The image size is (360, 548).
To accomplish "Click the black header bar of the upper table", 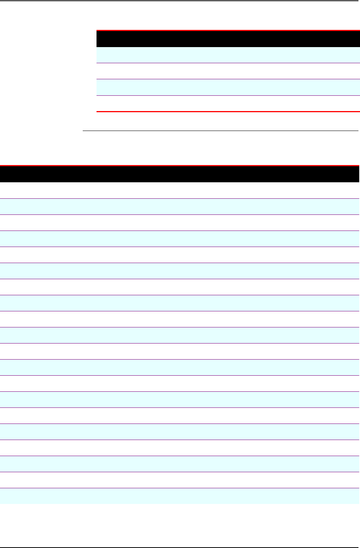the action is point(228,39).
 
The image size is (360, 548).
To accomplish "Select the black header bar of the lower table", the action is point(180,174).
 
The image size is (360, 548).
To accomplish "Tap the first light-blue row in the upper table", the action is point(228,55).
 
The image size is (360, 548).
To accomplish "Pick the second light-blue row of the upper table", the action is point(228,87).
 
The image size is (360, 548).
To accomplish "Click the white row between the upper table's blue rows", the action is point(228,71).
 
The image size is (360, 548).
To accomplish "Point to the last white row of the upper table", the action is point(228,103).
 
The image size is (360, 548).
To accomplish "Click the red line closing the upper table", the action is point(228,111).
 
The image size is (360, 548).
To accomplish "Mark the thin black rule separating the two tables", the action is point(220,131).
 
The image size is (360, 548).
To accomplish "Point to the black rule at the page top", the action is point(180,1).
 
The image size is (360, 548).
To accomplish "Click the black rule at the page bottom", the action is point(180,547).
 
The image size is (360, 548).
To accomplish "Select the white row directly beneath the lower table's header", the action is point(180,190).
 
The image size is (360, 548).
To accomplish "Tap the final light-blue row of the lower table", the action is point(180,496).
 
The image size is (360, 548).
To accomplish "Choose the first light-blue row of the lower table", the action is point(180,206).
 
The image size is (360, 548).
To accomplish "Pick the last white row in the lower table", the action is point(180,480).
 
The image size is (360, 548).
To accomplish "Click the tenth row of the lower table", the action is point(180,335).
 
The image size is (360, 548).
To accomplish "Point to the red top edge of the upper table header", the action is point(228,30).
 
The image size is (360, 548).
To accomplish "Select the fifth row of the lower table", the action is point(180,255).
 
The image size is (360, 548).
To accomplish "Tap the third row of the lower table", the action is point(180,222).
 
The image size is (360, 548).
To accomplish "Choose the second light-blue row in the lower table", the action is point(180,239).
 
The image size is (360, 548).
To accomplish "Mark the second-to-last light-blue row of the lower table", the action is point(180,464).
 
